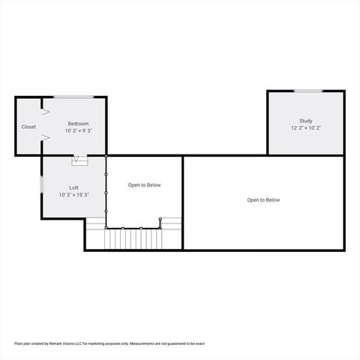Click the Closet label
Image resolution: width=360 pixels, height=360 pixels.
28,127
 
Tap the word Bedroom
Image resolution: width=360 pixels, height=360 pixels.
79,124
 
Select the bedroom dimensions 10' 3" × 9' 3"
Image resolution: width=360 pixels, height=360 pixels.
79,131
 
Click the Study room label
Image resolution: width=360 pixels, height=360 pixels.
306,121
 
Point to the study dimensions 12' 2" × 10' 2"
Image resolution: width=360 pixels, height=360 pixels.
306,128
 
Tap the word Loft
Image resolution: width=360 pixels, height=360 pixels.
74,187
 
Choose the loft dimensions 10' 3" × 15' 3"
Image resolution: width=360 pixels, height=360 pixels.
74,195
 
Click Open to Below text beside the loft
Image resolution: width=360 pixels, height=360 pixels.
144,185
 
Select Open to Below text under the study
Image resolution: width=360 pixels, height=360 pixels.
264,200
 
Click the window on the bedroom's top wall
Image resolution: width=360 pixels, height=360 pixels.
73,97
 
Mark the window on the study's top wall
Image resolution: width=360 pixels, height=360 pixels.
307,91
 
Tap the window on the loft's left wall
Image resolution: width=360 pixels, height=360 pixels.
41,184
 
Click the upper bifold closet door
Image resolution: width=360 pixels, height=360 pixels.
45,111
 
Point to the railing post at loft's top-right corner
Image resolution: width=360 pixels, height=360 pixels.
106,157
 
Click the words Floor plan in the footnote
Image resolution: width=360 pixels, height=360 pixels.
22,343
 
